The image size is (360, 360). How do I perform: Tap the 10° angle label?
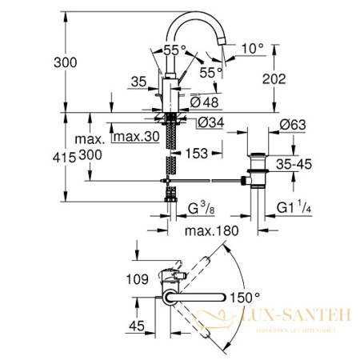253,49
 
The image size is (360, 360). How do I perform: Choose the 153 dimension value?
198,152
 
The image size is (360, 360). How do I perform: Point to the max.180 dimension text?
210,232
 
